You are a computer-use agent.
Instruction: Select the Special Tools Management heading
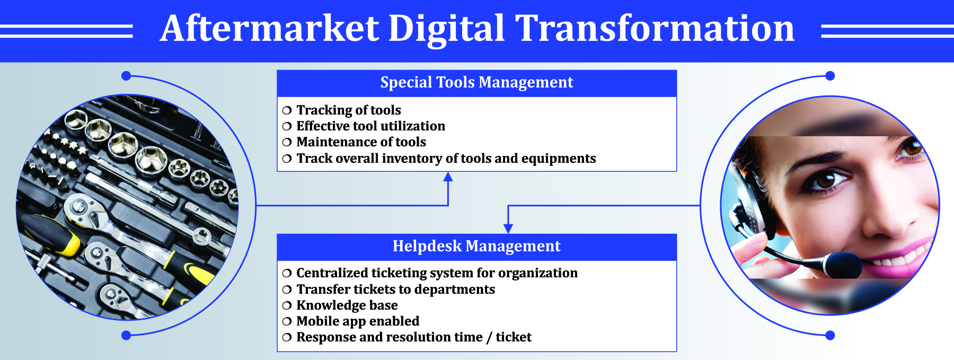(x=476, y=82)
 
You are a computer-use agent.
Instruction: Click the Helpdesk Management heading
(x=476, y=246)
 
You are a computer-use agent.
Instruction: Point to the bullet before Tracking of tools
(x=287, y=110)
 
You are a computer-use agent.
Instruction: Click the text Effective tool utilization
(x=370, y=126)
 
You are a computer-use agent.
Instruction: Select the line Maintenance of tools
(x=361, y=142)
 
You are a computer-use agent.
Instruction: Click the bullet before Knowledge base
(x=287, y=305)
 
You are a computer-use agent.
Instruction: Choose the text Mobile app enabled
(x=358, y=321)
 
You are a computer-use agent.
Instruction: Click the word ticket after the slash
(x=514, y=337)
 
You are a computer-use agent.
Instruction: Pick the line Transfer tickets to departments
(x=395, y=289)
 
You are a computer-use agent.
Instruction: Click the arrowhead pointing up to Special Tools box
(x=448, y=177)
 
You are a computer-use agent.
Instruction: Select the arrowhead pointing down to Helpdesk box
(x=508, y=229)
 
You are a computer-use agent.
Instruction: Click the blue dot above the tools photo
(x=126, y=76)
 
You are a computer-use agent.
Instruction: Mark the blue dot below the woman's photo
(x=830, y=335)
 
